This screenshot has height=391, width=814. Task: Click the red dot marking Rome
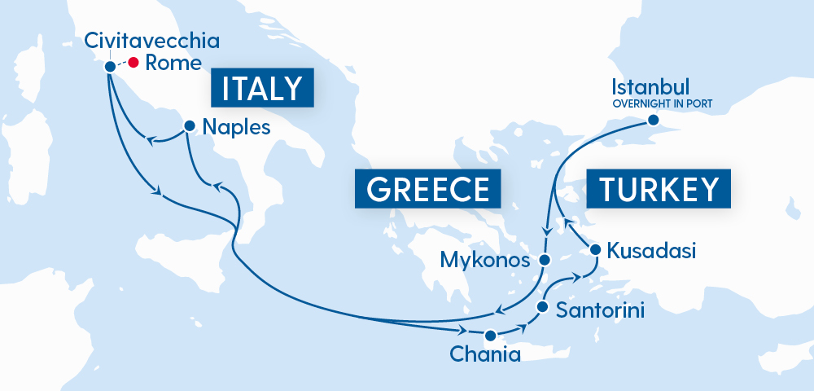point(133,62)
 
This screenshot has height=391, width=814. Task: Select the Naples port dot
point(189,126)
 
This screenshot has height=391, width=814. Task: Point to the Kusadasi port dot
point(596,249)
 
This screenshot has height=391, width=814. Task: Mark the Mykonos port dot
point(545,260)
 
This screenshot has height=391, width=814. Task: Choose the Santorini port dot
point(542,307)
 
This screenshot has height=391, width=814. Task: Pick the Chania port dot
point(490,335)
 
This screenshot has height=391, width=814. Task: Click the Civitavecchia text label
point(151,41)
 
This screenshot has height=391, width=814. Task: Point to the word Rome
point(173,63)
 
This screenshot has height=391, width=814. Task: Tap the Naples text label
point(236,127)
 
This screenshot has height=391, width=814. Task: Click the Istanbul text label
point(650,87)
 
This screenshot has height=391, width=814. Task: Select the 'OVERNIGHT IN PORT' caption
point(662,103)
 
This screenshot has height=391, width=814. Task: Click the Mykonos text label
point(486,261)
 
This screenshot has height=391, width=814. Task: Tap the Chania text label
point(484,356)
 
